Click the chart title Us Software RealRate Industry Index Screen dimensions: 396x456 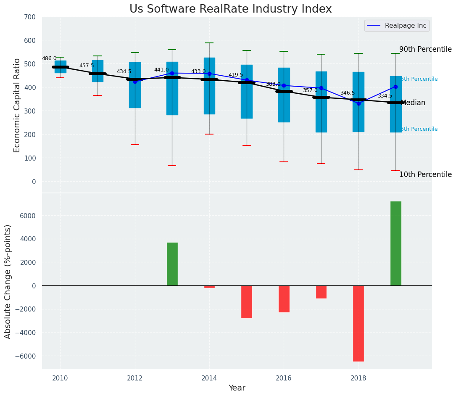(x=230, y=9)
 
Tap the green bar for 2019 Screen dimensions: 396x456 (x=395, y=243)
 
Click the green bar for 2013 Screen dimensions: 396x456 (x=172, y=264)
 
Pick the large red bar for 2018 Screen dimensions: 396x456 (x=358, y=323)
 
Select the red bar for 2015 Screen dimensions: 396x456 (x=247, y=301)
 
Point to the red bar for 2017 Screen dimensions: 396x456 (x=321, y=292)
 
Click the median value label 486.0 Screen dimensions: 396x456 (x=49, y=58)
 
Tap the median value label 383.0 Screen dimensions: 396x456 (x=273, y=84)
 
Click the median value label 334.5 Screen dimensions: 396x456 (x=385, y=96)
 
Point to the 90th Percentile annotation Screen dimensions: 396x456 (x=425, y=49)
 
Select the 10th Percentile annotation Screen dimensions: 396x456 (x=425, y=174)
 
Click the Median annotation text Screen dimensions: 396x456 (x=413, y=103)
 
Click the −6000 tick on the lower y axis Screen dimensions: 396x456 (x=26, y=356)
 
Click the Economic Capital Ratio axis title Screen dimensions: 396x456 (x=17, y=105)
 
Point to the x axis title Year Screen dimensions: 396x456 (x=237, y=388)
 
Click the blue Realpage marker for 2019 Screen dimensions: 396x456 (x=395, y=87)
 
